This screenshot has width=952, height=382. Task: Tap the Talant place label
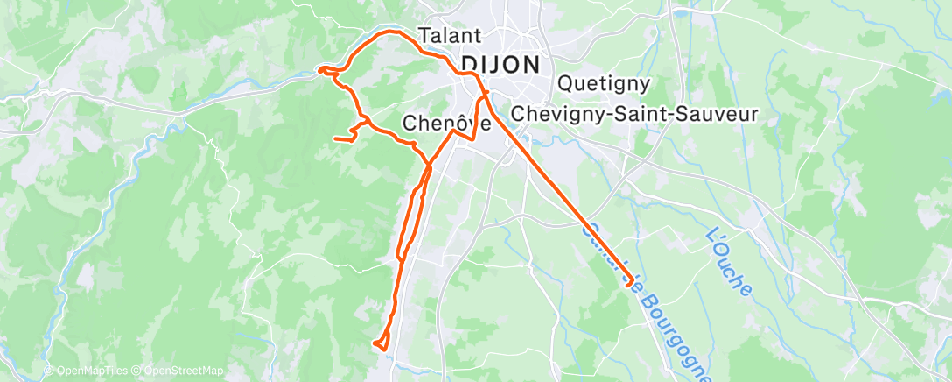click(x=451, y=36)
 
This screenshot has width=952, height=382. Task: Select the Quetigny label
click(x=604, y=84)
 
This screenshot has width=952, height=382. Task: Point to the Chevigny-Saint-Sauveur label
click(x=633, y=114)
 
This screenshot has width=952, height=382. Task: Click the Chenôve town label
click(x=447, y=124)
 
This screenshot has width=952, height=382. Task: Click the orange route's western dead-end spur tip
click(x=335, y=138)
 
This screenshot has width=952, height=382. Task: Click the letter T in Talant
click(x=425, y=36)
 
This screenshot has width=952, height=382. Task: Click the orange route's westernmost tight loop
click(x=325, y=69)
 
